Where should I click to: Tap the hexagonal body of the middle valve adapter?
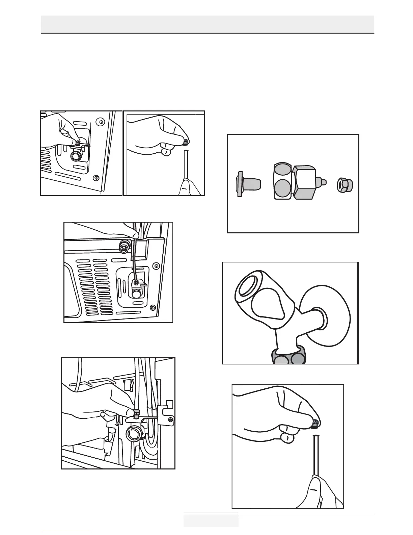pyautogui.click(x=304, y=183)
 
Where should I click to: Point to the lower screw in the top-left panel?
pyautogui.click(x=97, y=178)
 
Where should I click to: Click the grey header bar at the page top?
pyautogui.click(x=208, y=24)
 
